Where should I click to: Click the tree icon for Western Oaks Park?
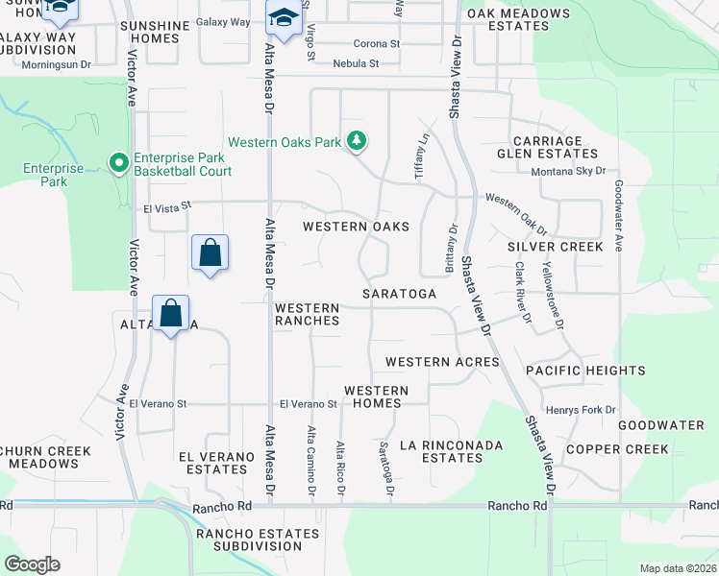tap(357, 142)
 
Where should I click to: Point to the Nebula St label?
tap(357, 63)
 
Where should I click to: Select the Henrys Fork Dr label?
tap(580, 410)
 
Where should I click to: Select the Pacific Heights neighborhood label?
tap(585, 371)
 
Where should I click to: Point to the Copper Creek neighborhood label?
tap(616, 449)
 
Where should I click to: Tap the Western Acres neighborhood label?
tap(442, 362)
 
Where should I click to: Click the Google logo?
tap(32, 564)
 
